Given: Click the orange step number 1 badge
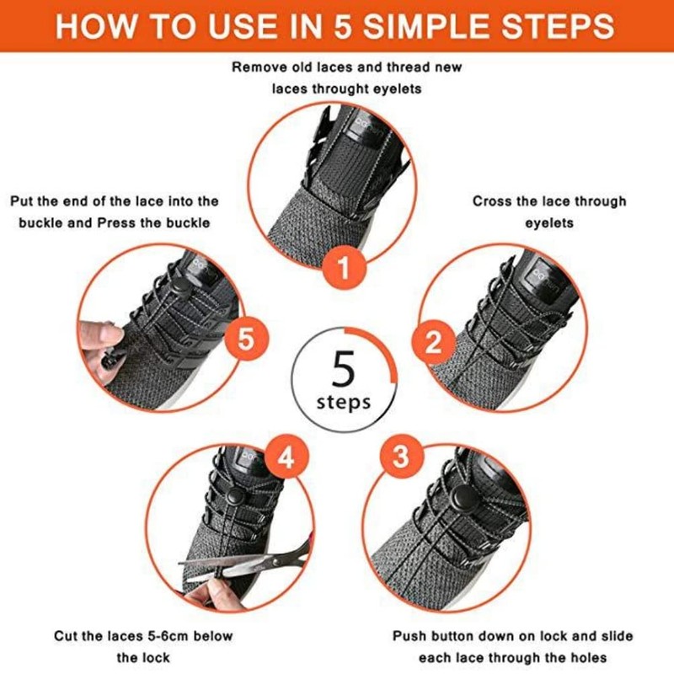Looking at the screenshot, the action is coord(344,268).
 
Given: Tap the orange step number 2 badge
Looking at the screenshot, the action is coord(433,342).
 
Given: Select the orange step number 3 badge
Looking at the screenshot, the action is coord(402,457).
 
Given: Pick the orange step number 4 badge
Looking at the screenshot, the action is coord(286,457).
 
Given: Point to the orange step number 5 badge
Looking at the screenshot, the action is coord(246,339).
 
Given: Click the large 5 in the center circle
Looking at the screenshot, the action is coord(344,368).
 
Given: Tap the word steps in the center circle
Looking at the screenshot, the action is coord(344,403).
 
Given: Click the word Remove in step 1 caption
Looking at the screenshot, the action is coord(259,67).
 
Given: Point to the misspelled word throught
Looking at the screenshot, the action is coord(340,89).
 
